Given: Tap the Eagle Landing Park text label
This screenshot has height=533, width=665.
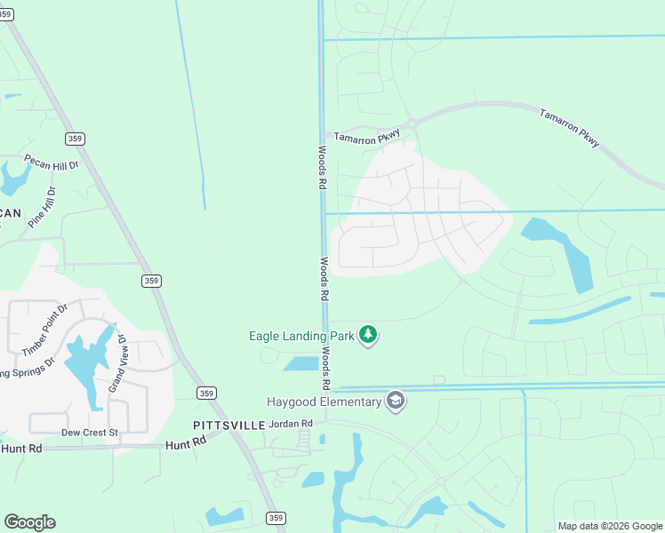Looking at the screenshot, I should point(300,336).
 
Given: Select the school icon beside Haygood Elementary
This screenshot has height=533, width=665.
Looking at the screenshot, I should point(396,402).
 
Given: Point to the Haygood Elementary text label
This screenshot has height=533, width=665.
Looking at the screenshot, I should point(324,402).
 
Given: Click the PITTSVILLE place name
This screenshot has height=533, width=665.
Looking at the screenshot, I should point(228,426).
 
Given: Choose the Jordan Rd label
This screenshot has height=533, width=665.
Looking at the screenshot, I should point(291,424).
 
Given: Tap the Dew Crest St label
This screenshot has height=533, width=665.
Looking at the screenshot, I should point(89,433).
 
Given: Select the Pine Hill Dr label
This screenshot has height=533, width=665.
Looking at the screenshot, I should point(42,207).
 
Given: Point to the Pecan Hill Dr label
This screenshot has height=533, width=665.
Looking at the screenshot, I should point(52,163).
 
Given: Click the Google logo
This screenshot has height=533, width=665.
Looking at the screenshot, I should point(29,522).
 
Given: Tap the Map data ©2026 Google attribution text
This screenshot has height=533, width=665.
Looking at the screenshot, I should point(610,526).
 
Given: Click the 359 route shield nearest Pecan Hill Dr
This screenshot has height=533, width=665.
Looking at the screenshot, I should point(75,139).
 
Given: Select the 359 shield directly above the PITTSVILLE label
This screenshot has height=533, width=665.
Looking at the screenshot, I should point(207,394).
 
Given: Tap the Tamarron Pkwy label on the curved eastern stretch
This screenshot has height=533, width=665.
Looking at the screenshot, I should point(569,126).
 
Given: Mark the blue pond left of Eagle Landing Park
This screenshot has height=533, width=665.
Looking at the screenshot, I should point(301,363).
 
